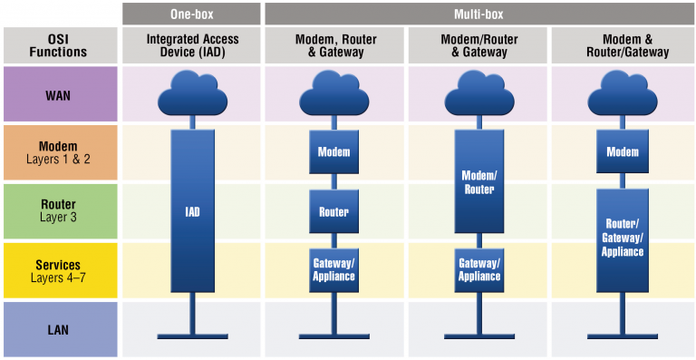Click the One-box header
coord(191,14)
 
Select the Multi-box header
coord(478,14)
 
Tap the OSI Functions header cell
coord(61,45)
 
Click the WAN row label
coord(61,94)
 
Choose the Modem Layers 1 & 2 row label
coord(61,152)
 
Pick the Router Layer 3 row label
coord(61,211)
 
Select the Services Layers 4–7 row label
coord(61,270)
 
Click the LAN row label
coord(61,329)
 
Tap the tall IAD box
coord(191,211)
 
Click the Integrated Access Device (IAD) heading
coord(191,45)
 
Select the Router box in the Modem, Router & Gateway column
coord(333,211)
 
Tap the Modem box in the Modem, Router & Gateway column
coord(333,151)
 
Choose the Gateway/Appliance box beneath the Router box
coord(333,269)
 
